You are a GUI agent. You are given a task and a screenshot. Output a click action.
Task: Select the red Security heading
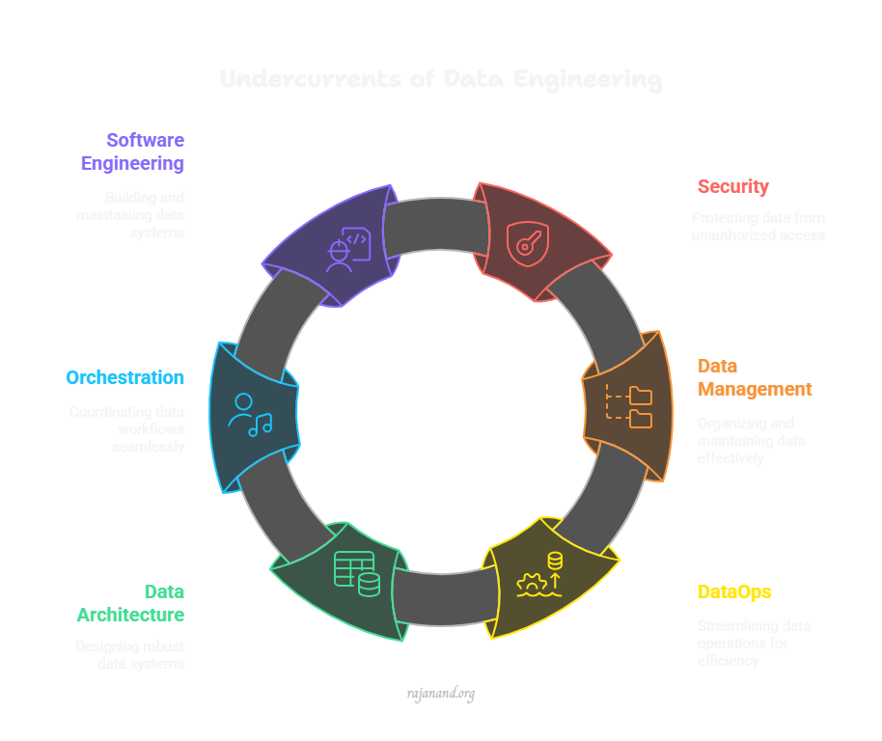point(732,186)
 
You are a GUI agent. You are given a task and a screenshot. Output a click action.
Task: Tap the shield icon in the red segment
point(527,239)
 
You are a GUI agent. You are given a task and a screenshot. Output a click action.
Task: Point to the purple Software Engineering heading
point(133,151)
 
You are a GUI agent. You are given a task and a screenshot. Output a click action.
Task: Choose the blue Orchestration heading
point(124,377)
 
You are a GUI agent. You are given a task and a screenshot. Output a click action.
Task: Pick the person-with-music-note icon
point(250,415)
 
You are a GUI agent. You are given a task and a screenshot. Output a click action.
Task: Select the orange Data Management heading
point(754,377)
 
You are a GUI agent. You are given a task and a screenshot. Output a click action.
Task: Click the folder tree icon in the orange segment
point(629,406)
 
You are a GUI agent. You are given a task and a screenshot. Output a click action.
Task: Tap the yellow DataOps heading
point(734,591)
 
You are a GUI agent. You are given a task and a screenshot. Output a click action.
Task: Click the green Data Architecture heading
point(131,603)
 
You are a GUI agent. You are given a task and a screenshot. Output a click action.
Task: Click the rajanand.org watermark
point(440,693)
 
